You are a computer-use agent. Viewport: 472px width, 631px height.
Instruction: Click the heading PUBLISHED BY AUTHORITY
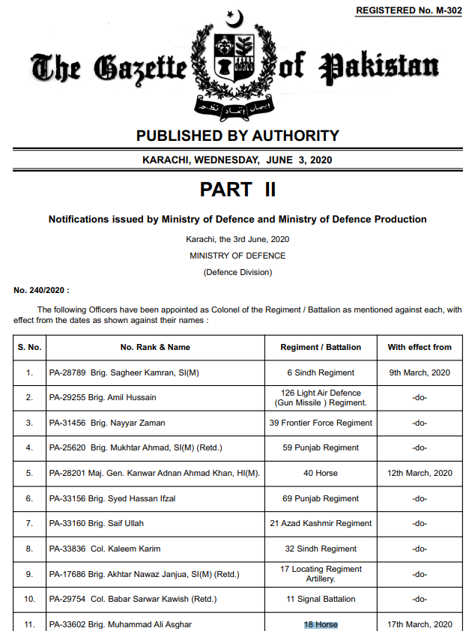pyautogui.click(x=237, y=136)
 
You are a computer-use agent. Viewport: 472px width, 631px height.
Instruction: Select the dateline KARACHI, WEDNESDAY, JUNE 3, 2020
pyautogui.click(x=237, y=160)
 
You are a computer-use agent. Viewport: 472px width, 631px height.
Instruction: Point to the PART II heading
pyautogui.click(x=237, y=190)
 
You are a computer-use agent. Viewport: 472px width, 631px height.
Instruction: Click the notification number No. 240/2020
pyautogui.click(x=41, y=289)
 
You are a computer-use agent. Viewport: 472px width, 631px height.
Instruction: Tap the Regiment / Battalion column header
pyautogui.click(x=320, y=347)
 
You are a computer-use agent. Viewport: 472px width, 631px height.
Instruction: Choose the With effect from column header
pyautogui.click(x=420, y=347)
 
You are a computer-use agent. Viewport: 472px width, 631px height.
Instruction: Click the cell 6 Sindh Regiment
pyautogui.click(x=320, y=372)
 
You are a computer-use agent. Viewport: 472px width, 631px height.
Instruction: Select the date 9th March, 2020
pyautogui.click(x=420, y=372)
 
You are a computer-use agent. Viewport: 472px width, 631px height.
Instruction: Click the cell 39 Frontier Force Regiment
pyautogui.click(x=320, y=423)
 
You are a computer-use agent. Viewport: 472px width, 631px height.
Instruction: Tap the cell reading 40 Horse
pyautogui.click(x=320, y=473)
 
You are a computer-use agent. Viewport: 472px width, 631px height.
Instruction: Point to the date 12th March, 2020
pyautogui.click(x=420, y=473)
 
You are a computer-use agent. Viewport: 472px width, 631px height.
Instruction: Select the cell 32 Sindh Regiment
pyautogui.click(x=320, y=549)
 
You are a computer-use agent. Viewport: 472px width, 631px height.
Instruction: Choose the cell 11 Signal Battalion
pyautogui.click(x=320, y=599)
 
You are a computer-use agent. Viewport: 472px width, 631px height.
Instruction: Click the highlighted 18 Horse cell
pyautogui.click(x=320, y=624)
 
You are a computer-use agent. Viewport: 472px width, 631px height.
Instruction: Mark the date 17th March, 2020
pyautogui.click(x=420, y=624)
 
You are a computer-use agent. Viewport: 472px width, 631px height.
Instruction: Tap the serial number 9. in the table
pyautogui.click(x=29, y=574)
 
